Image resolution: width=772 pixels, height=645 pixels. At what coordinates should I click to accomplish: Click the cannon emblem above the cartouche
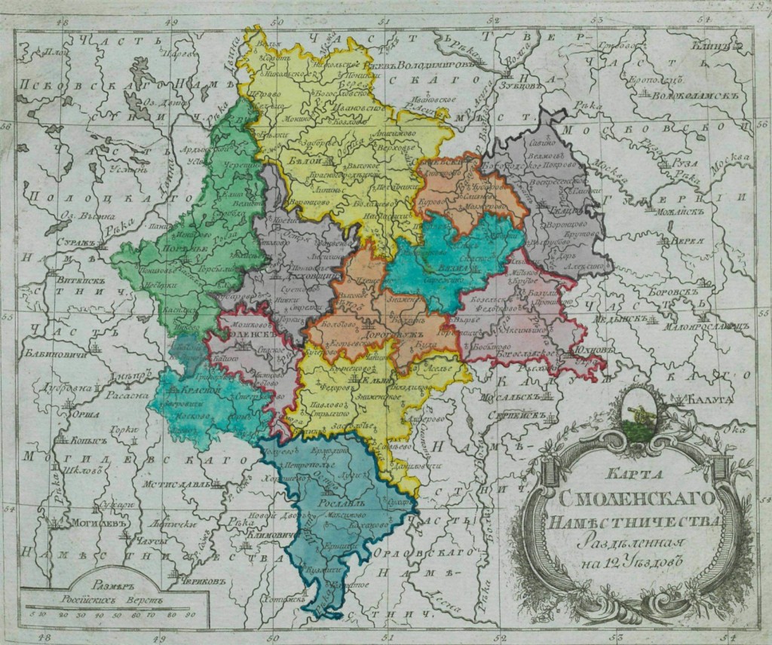(x=645, y=412)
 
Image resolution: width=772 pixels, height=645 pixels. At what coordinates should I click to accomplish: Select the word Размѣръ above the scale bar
(x=93, y=583)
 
